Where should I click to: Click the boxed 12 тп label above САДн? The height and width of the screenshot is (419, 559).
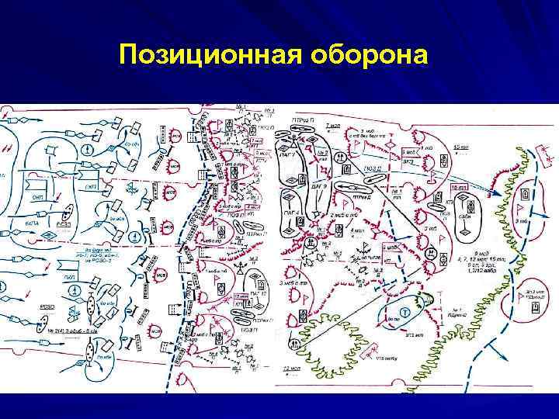coord(459,189)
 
